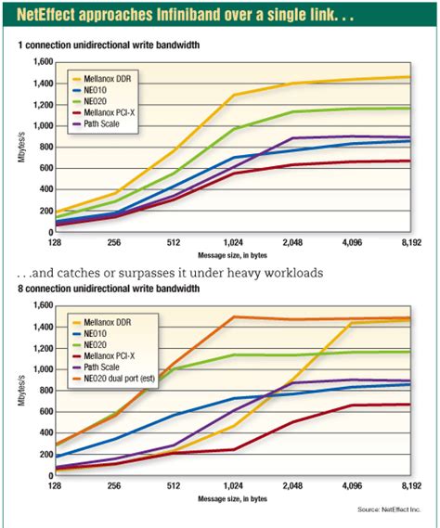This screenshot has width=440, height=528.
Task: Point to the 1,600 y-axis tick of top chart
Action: (x=40, y=61)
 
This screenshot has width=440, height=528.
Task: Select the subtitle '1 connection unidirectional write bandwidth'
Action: (x=110, y=45)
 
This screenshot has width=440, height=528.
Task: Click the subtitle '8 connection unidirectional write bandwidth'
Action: (x=110, y=290)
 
